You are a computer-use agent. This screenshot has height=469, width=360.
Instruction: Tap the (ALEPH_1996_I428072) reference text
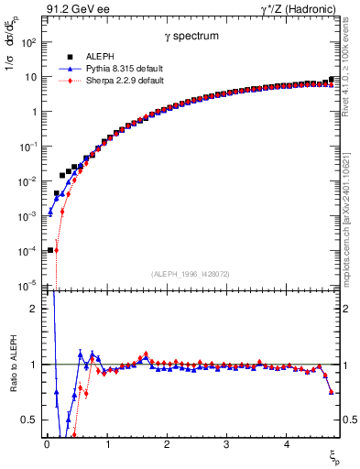[x=191, y=274]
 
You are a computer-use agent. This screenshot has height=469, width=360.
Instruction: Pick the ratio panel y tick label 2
[x=33, y=309]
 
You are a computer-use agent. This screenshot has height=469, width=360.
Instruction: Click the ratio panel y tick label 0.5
[x=29, y=420]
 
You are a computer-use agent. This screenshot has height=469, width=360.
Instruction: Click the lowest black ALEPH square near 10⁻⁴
[x=50, y=249]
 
